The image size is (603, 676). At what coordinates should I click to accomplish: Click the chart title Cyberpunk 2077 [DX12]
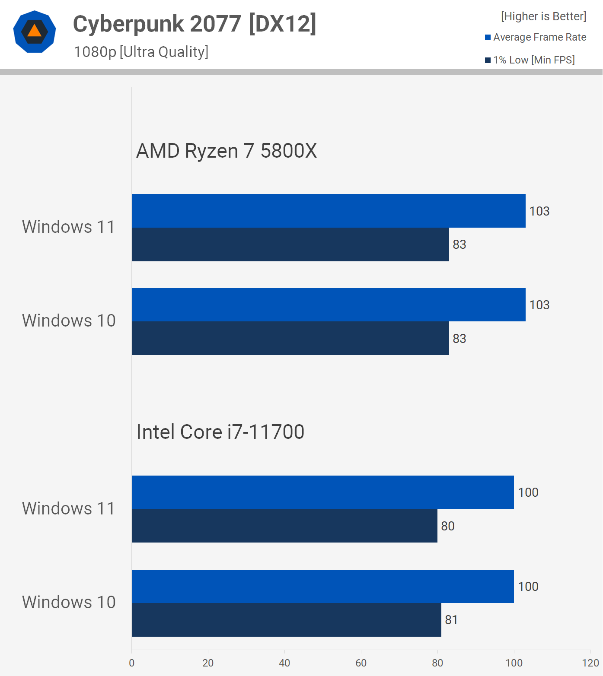click(x=195, y=24)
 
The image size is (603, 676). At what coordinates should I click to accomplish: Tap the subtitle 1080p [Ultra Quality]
click(x=141, y=52)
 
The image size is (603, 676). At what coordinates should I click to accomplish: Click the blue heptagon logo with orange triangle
click(x=35, y=32)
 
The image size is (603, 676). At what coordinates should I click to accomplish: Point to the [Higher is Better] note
click(x=543, y=16)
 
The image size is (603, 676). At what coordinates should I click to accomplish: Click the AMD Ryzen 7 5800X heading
click(x=227, y=151)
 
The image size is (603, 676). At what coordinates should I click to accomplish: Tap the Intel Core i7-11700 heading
click(x=220, y=432)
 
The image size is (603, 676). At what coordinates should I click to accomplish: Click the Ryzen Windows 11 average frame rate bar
click(x=329, y=211)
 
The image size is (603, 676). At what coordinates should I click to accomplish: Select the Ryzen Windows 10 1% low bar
click(x=290, y=338)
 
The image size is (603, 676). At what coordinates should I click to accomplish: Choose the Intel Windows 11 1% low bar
click(x=284, y=526)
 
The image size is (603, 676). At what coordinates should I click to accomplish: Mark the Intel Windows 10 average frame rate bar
click(x=322, y=586)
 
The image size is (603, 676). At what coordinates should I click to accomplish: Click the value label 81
click(x=451, y=620)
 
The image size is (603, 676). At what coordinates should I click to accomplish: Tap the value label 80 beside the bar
click(x=448, y=526)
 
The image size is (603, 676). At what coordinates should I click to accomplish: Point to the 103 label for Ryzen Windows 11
click(x=539, y=211)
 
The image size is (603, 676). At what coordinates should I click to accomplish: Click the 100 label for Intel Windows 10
click(x=528, y=587)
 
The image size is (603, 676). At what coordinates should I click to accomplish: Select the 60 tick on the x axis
click(x=361, y=663)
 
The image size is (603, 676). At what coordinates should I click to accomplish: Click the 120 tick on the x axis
click(x=590, y=663)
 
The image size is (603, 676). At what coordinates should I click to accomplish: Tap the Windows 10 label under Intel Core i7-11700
click(x=69, y=602)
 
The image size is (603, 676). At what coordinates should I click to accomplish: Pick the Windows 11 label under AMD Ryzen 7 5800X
click(x=69, y=227)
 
